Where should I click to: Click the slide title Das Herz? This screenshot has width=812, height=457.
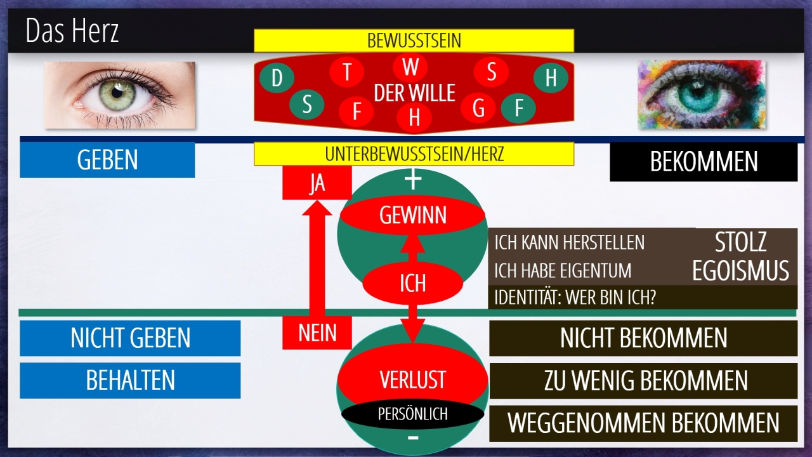coord(72,31)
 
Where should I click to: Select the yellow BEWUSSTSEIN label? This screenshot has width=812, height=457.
coord(414,41)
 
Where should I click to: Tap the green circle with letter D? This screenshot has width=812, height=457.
coord(277,79)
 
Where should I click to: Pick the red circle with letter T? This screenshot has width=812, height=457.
coord(347,72)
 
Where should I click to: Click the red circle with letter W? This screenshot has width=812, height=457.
coord(410,67)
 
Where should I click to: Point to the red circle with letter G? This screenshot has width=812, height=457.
coord(478,109)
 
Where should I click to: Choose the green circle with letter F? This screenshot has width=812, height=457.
coord(518,109)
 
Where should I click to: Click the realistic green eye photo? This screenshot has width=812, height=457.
coord(119,95)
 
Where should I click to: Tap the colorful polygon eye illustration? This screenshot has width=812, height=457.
coord(701,95)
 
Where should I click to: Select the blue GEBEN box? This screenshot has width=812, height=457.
coord(107,160)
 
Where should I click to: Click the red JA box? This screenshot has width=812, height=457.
coord(317,183)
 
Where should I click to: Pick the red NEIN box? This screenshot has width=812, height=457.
coord(317,332)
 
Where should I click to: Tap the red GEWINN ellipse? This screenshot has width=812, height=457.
coord(413,216)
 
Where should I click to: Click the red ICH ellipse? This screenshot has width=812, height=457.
coord(412,282)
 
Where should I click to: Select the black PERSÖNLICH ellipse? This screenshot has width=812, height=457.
coord(412,414)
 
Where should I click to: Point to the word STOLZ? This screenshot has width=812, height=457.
coord(740,242)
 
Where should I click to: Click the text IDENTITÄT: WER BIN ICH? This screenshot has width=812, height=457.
coord(575,297)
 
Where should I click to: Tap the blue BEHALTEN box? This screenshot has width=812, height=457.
coord(130,380)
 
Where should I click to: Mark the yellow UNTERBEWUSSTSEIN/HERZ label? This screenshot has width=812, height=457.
coord(414,154)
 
